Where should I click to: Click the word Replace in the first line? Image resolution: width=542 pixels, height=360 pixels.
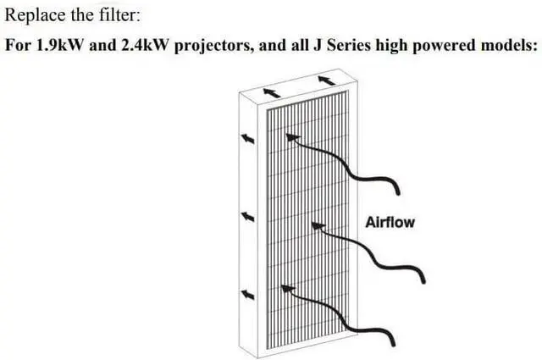35,16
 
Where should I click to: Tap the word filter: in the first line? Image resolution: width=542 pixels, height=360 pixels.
120,15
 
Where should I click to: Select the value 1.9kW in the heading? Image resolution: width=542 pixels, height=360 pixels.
59,45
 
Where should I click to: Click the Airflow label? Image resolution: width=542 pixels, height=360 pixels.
390,223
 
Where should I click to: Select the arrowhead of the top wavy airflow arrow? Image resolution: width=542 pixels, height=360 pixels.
293,137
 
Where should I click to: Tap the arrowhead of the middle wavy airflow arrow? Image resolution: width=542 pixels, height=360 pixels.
318,226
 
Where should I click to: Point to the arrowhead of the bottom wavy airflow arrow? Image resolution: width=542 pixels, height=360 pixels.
288,289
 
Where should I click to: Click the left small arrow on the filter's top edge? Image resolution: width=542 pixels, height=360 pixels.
272,92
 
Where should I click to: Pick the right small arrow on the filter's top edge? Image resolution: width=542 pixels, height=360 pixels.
327,80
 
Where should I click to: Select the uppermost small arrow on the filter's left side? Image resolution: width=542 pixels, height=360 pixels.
247,139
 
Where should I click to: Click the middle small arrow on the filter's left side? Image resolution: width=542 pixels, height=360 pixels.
247,217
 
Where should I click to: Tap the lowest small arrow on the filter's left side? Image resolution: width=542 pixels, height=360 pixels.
247,295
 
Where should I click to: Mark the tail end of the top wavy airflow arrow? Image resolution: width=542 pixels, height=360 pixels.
398,193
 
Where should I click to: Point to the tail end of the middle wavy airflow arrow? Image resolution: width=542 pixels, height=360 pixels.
423,281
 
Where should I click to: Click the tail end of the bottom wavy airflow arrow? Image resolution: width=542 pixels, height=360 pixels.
393,344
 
